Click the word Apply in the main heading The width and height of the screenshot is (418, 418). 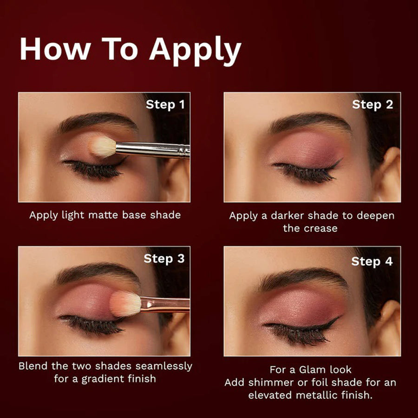coord(195,51)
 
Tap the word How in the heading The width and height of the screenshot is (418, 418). coord(55,49)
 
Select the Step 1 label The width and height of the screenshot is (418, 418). coord(165,104)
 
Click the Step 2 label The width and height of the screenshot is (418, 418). coord(372,104)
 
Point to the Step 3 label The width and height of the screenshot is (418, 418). coord(164,259)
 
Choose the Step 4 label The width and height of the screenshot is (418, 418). coord(372,261)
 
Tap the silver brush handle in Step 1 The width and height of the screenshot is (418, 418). coord(153,150)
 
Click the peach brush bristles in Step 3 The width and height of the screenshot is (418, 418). coord(125,303)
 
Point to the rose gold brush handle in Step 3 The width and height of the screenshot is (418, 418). coord(165,304)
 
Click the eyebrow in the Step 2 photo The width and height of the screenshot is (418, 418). coord(309,122)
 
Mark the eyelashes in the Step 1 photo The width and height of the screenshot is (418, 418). coord(93,169)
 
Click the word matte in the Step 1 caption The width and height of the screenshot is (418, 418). coord(103,215)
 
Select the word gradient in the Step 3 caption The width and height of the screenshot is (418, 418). coord(103,379)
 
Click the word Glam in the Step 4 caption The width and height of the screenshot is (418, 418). coord(312,370)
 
